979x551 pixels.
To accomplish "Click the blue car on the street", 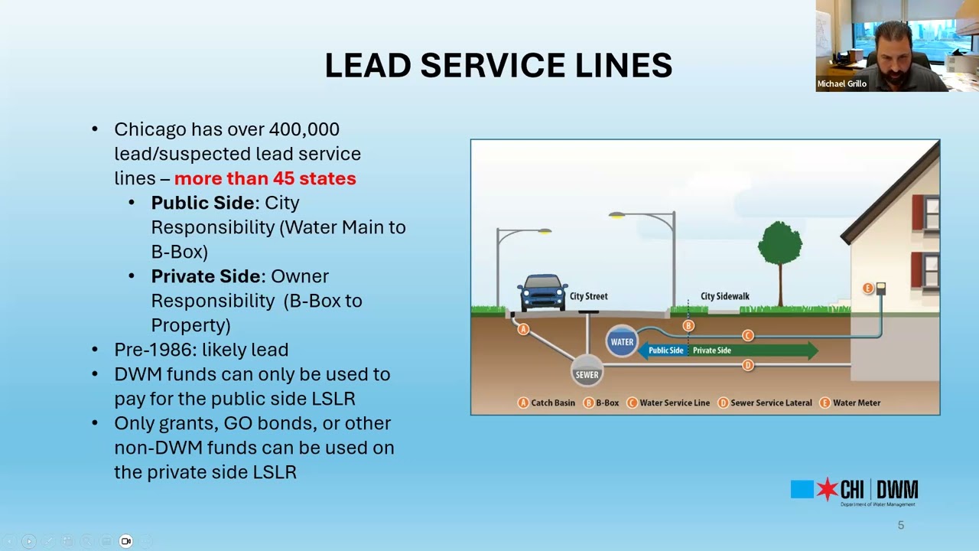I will (542, 292).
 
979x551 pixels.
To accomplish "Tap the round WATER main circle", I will (622, 342).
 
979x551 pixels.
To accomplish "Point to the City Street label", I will (588, 296).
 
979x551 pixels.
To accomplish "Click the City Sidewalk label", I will (724, 296).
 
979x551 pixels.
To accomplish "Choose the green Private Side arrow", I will (750, 350).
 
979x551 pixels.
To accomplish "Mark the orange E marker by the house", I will (867, 289).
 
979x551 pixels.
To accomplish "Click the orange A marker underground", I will (523, 329).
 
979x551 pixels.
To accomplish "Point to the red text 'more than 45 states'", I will (265, 178).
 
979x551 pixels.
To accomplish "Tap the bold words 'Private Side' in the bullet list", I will (206, 276).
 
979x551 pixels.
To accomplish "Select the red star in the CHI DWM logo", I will (827, 490).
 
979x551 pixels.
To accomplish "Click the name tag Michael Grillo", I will (841, 84).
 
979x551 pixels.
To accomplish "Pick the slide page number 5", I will (900, 525).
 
